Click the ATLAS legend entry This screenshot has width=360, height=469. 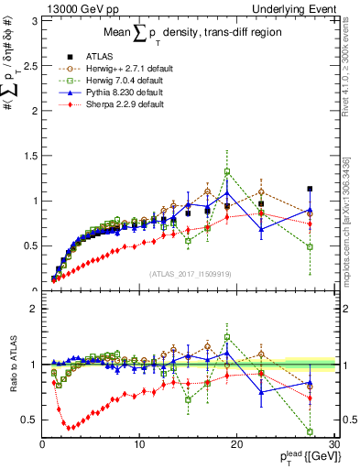112,57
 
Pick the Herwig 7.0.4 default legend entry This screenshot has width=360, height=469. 137,81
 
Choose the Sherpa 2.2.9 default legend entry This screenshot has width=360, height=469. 134,104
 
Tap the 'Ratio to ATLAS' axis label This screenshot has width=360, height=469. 12,365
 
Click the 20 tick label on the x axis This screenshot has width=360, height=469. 236,445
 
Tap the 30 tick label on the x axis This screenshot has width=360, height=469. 333,445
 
